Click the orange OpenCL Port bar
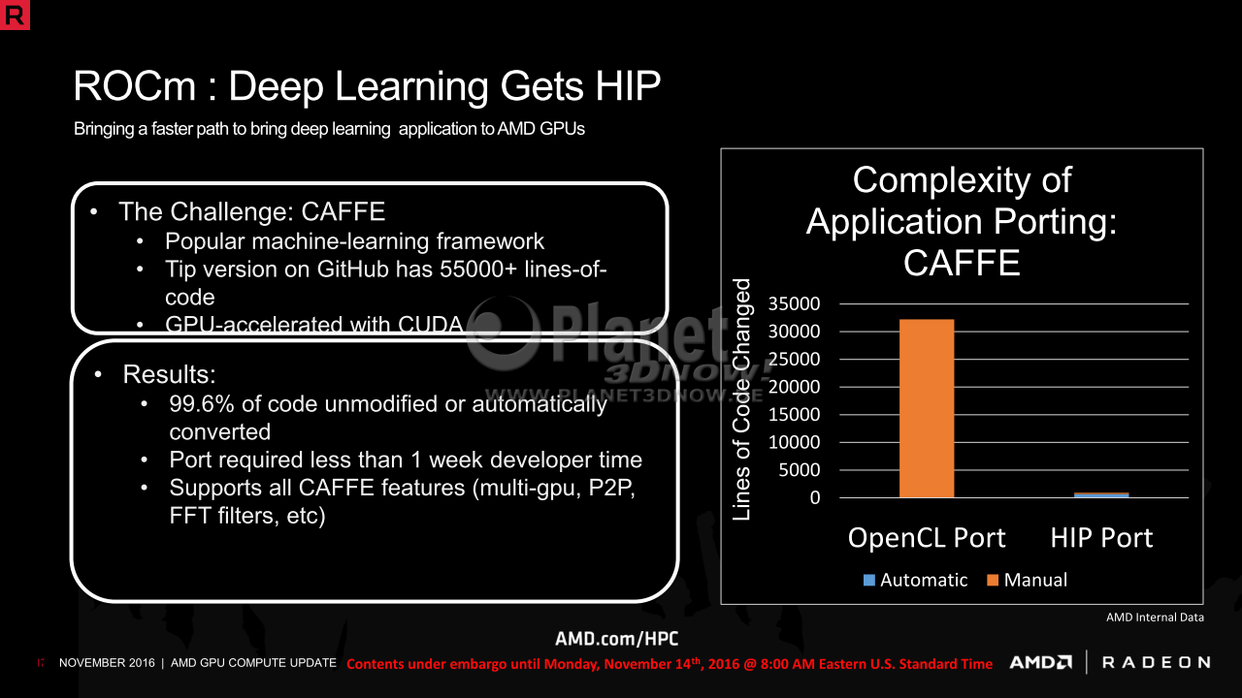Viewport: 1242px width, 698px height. [x=927, y=408]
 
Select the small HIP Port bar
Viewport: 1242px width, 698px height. [x=1101, y=494]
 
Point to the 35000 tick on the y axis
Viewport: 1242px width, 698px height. [x=794, y=303]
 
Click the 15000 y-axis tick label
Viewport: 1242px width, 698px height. [x=794, y=414]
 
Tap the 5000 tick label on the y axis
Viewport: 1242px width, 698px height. [x=799, y=470]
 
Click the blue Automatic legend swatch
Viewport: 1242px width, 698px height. [x=869, y=580]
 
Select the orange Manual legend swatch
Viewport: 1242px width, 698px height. [x=993, y=580]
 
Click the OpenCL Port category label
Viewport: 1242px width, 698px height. [x=927, y=538]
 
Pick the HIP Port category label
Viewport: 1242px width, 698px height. [x=1101, y=538]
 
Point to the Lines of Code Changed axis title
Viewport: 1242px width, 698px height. [x=741, y=399]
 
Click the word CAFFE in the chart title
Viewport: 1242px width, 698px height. [x=962, y=263]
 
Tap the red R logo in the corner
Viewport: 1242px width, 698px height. [x=15, y=15]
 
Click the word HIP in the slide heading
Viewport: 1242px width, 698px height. [x=628, y=86]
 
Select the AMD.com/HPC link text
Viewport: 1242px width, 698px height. [x=616, y=639]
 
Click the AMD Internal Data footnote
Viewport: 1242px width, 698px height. [x=1155, y=618]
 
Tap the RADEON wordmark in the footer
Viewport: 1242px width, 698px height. [x=1157, y=662]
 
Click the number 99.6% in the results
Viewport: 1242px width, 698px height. [x=202, y=404]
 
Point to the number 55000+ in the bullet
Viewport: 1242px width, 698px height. [x=478, y=270]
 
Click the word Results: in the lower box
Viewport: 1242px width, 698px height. [x=169, y=374]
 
